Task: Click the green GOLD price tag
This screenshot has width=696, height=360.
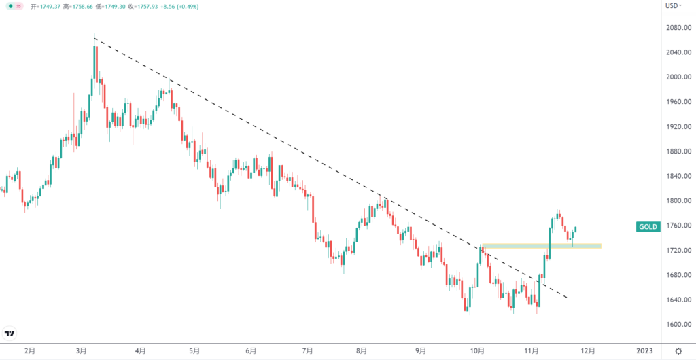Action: tap(647, 227)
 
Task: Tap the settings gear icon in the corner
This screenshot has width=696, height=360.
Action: tap(678, 351)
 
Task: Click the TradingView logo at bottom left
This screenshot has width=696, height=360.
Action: tap(10, 334)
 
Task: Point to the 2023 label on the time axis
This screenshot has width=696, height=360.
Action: tap(644, 351)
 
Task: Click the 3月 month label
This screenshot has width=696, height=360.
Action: tap(82, 351)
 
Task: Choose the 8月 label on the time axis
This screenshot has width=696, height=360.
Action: tap(362, 351)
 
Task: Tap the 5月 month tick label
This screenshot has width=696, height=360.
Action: tap(194, 351)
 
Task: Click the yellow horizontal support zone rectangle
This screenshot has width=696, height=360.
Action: tap(541, 245)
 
